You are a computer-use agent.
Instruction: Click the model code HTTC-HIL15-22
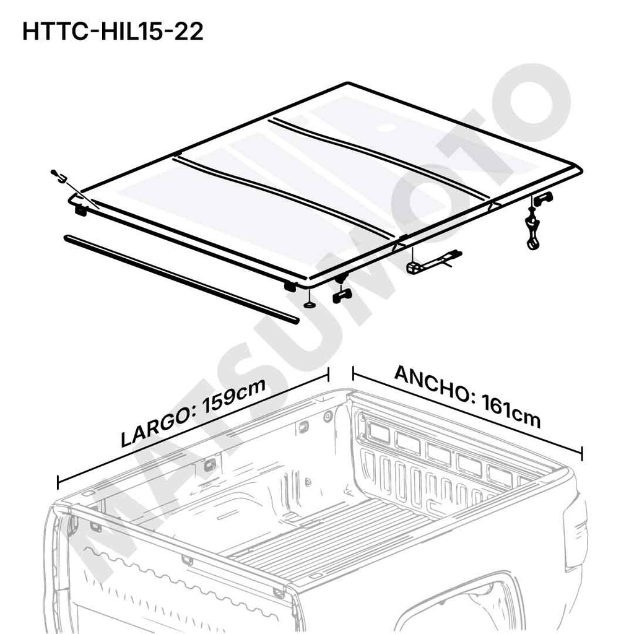[112, 32]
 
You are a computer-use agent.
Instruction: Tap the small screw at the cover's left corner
[59, 177]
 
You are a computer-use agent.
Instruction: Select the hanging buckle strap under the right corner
[532, 229]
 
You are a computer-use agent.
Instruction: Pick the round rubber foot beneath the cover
[308, 304]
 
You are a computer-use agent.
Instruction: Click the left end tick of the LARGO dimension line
[58, 482]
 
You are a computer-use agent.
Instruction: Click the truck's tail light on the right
[575, 532]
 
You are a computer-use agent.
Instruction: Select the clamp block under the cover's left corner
[80, 210]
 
